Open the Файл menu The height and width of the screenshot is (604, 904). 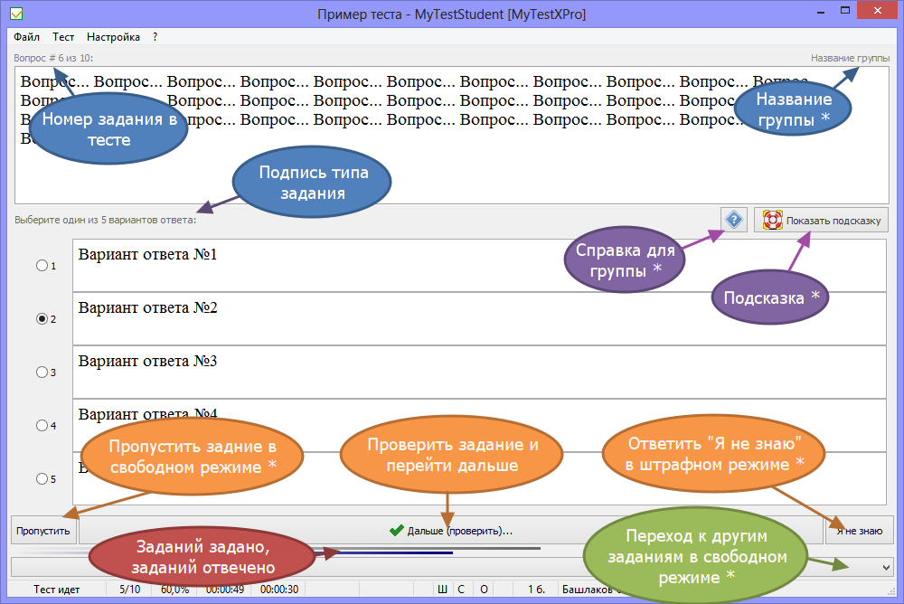coord(26,37)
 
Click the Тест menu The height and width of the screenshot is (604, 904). coord(63,37)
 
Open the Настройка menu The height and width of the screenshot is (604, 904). coord(113,37)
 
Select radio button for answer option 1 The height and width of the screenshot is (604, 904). coord(41,266)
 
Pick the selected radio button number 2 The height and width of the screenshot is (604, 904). coord(41,319)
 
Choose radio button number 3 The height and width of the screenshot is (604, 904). coord(41,373)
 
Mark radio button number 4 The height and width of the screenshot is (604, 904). coord(41,426)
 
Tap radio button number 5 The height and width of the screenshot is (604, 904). coord(41,479)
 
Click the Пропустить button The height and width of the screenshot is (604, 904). coord(42,531)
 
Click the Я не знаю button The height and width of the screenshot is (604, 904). coord(859,531)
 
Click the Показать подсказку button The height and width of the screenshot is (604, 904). coord(821,220)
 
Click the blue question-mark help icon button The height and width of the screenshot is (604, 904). coord(733,220)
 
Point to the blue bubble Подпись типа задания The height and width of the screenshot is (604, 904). coord(313,183)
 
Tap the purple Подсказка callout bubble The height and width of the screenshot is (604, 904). coord(771,297)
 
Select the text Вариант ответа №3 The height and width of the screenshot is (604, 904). coord(148,362)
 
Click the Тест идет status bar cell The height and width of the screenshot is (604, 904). coord(57,590)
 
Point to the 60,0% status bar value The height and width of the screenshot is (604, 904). coord(175,590)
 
